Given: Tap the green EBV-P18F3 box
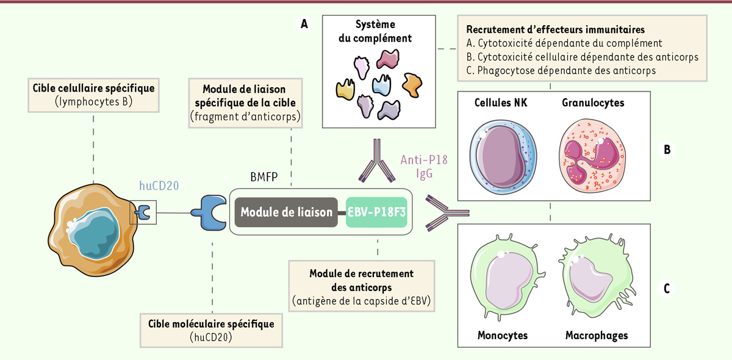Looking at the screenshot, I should coord(376,212).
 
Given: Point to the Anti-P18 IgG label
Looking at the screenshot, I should coord(420,167).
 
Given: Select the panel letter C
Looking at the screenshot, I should coord(667,289).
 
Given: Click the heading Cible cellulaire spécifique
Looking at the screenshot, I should coord(93,88).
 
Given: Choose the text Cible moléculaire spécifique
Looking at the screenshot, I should coord(207,323).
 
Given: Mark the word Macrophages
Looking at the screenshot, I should coord(596,336).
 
